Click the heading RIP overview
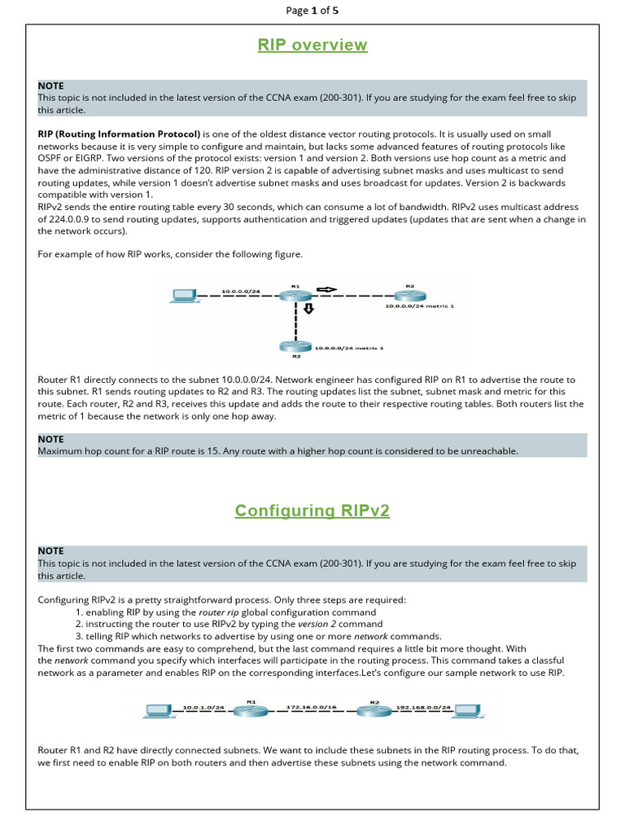point(312,46)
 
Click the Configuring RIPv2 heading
point(312,511)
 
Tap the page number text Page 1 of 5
point(312,11)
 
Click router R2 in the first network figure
point(409,296)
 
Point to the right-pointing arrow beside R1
point(326,289)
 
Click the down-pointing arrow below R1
point(309,309)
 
